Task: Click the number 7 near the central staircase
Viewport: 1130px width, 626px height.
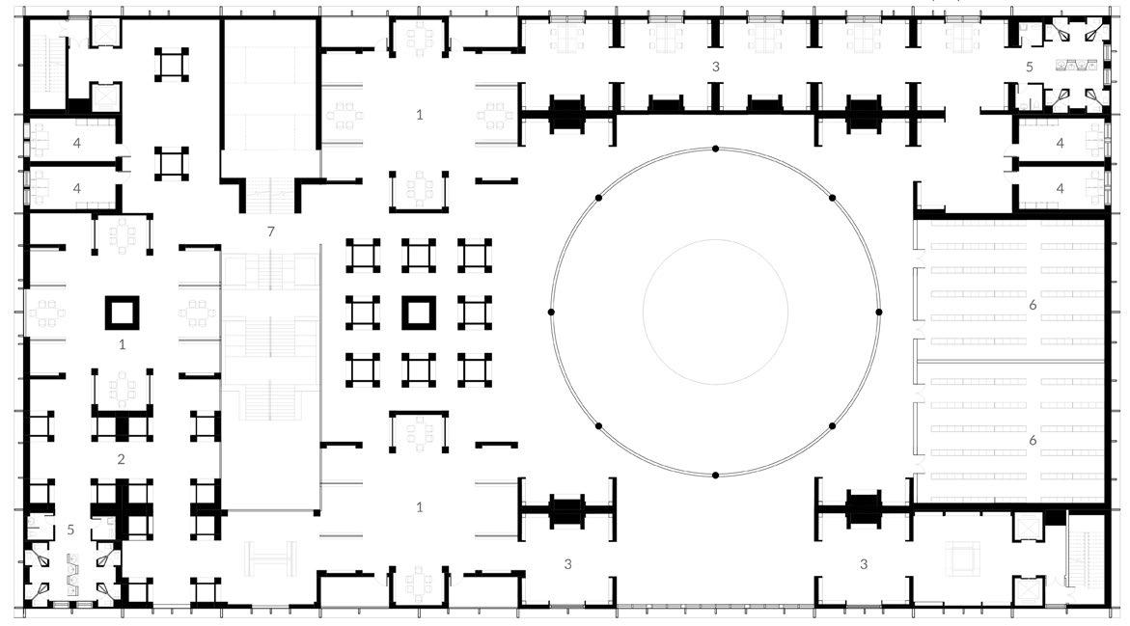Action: tap(271, 231)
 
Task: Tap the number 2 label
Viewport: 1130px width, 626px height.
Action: tap(122, 459)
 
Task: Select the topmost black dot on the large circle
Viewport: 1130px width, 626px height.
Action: tap(715, 149)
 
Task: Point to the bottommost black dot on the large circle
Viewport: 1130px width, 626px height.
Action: tap(715, 475)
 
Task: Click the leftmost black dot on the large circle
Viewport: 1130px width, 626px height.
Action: tap(551, 312)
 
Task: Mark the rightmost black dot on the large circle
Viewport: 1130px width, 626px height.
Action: tap(878, 312)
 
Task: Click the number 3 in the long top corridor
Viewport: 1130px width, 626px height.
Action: tap(715, 67)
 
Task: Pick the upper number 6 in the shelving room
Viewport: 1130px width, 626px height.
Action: tap(1033, 305)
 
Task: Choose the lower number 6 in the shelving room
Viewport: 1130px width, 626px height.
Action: tap(1033, 440)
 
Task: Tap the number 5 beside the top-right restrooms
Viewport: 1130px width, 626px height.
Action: tap(1030, 68)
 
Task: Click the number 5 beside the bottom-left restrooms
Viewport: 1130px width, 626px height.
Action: tap(70, 530)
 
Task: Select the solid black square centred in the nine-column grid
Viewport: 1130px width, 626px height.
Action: tap(418, 313)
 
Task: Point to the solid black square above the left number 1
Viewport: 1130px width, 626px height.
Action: tap(123, 312)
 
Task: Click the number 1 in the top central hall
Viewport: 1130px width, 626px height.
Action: tap(419, 115)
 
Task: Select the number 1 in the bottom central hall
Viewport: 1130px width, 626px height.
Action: tap(419, 507)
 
